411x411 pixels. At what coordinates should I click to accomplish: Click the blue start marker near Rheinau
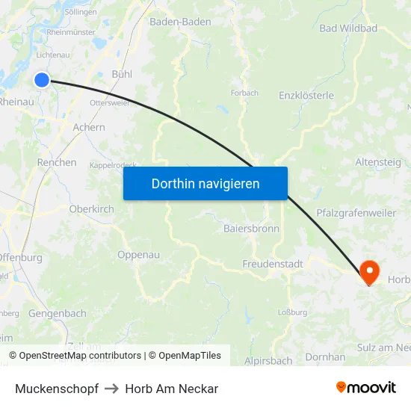[42, 80]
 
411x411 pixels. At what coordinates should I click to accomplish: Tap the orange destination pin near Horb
[369, 271]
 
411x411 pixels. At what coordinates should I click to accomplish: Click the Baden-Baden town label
[180, 22]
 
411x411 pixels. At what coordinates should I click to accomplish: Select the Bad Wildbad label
[348, 28]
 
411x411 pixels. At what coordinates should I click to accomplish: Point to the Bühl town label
[122, 74]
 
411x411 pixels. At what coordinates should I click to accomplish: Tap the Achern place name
[89, 128]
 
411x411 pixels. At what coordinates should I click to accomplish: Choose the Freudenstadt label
[272, 264]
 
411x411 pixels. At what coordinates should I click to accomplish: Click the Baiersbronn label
[251, 229]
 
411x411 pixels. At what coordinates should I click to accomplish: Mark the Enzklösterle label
[306, 96]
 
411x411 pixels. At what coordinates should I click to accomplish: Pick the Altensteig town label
[378, 162]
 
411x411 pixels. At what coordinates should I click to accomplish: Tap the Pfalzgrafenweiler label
[356, 213]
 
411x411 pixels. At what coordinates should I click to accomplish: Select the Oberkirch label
[91, 209]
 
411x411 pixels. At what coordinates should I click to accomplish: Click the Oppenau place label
[138, 255]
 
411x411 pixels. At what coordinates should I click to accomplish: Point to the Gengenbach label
[58, 314]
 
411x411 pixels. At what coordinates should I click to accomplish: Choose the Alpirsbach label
[268, 360]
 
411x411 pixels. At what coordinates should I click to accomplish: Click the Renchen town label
[57, 162]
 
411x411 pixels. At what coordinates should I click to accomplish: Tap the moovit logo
[366, 388]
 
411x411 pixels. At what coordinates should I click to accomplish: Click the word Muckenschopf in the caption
[57, 389]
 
